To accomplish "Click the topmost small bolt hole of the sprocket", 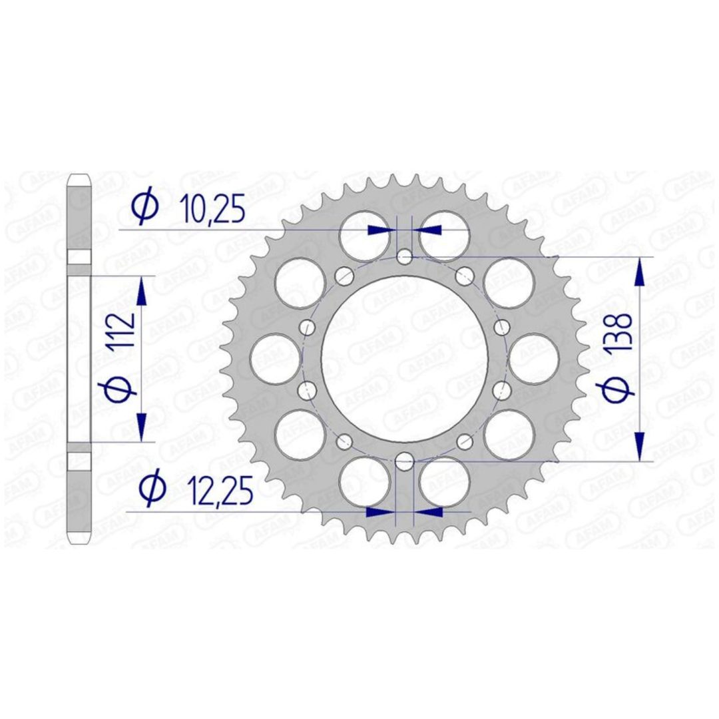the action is (x=405, y=257).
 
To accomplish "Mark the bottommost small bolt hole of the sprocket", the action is (x=405, y=461).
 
